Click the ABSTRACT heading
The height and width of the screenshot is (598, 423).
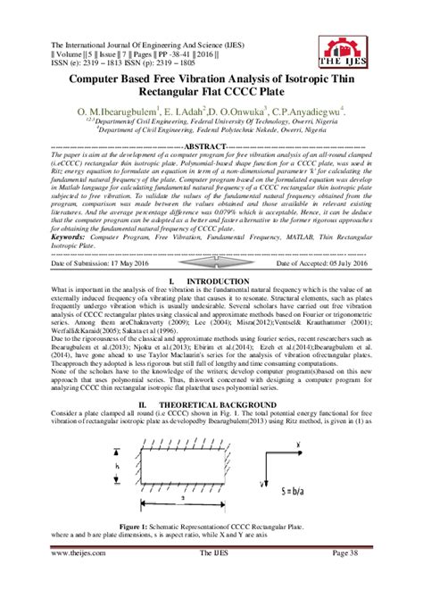(211, 145)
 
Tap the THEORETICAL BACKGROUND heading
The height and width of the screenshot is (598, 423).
(211, 404)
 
